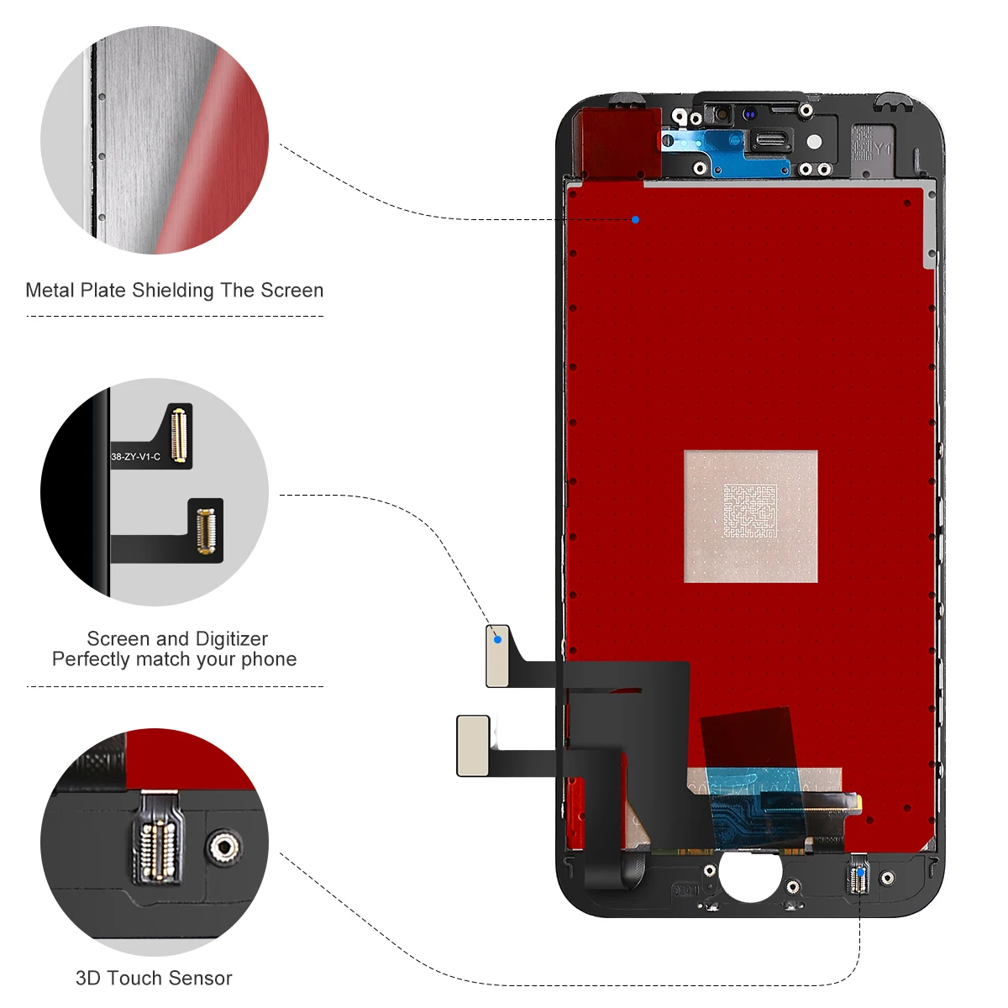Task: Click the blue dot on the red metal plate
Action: coord(635,219)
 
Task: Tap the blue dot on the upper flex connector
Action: coord(498,639)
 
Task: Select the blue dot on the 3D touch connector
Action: coord(860,873)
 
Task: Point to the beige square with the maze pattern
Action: coord(750,516)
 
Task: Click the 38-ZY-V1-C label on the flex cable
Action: coord(135,457)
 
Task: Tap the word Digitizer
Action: coord(231,639)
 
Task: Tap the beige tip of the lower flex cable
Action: coord(473,745)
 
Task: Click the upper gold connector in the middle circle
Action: coord(177,434)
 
